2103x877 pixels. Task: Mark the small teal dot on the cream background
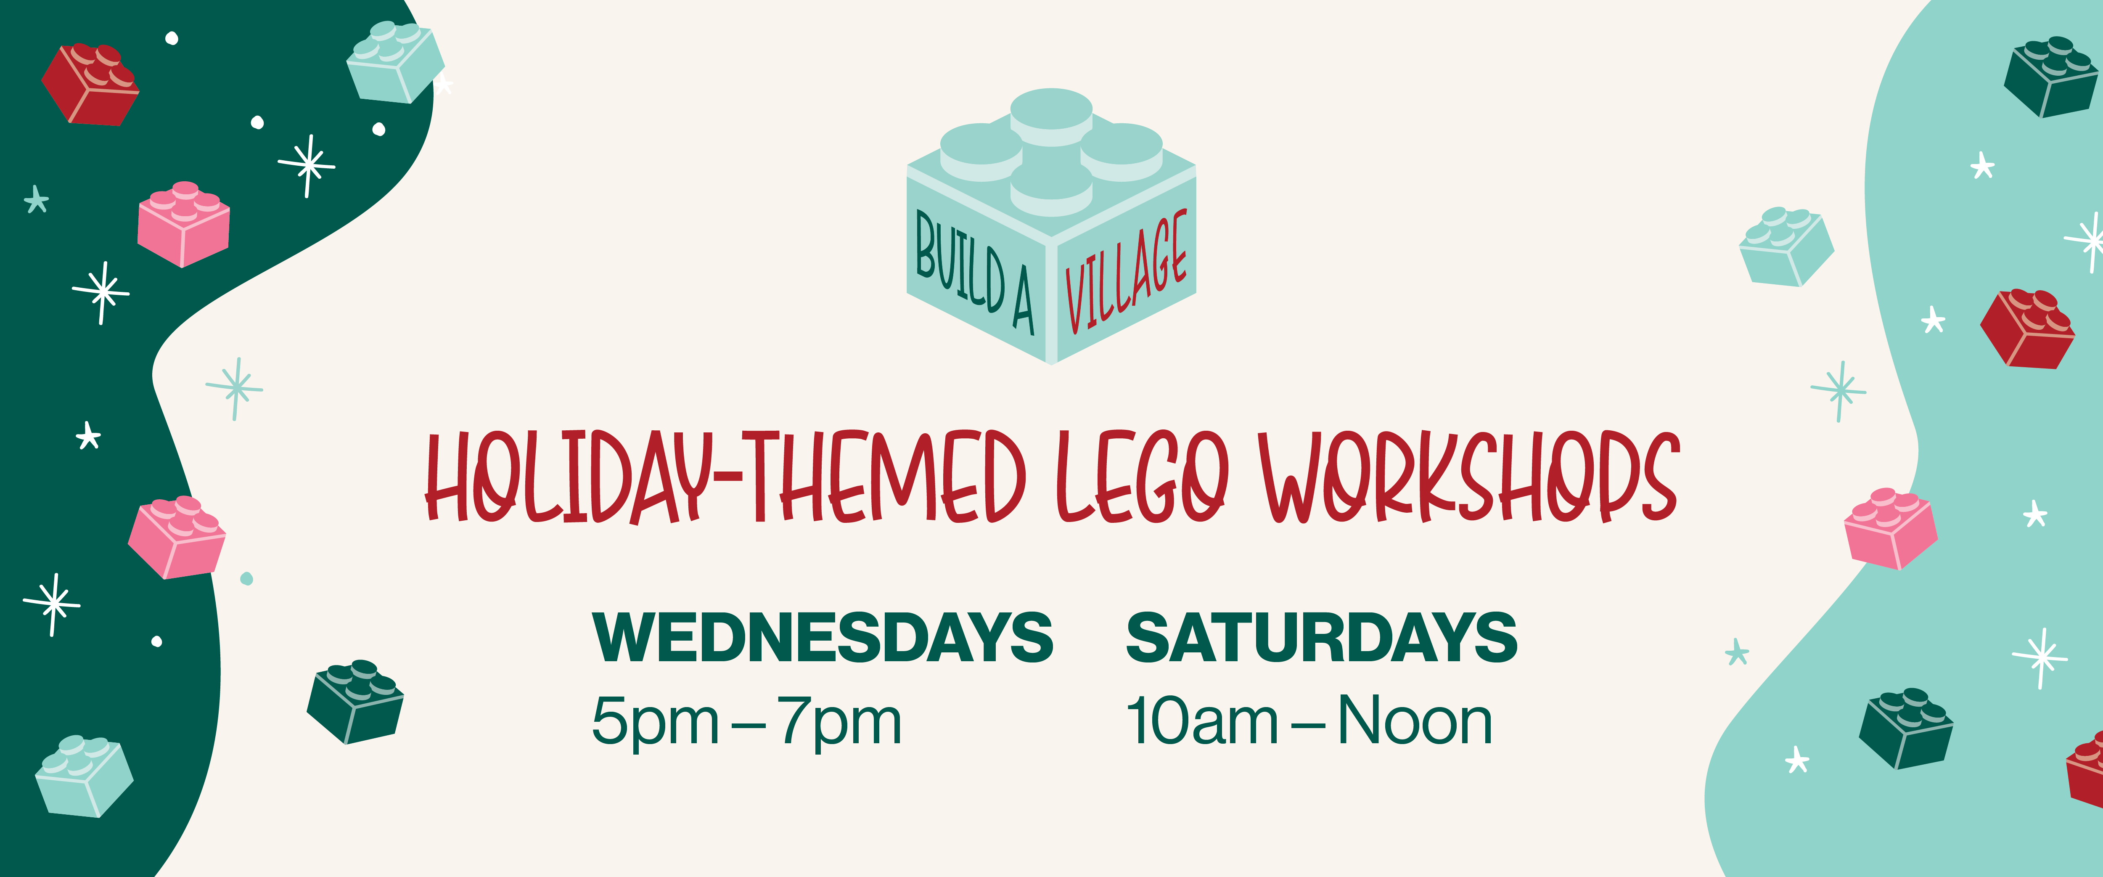point(246,579)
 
